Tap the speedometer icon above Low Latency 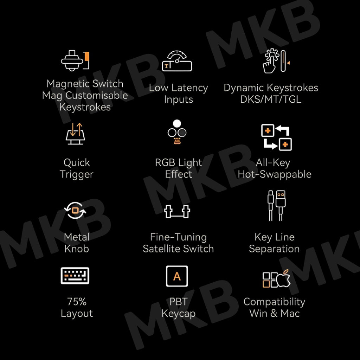[x=177, y=61]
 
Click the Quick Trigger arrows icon [x=75, y=134]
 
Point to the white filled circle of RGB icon [x=177, y=123]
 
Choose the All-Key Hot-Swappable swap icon [x=276, y=137]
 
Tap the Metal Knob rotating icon [x=75, y=211]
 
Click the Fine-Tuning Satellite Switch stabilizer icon [x=177, y=211]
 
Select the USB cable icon [x=276, y=206]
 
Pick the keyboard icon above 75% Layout [x=75, y=276]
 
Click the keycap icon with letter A [x=177, y=276]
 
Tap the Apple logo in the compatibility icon [x=283, y=278]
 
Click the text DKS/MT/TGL [x=271, y=99]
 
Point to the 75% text [x=77, y=302]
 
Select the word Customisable [x=97, y=96]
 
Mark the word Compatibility [x=274, y=302]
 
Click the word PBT [x=178, y=302]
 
